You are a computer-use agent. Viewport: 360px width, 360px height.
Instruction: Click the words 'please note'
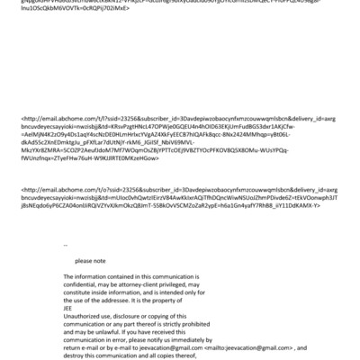(x=90, y=259)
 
